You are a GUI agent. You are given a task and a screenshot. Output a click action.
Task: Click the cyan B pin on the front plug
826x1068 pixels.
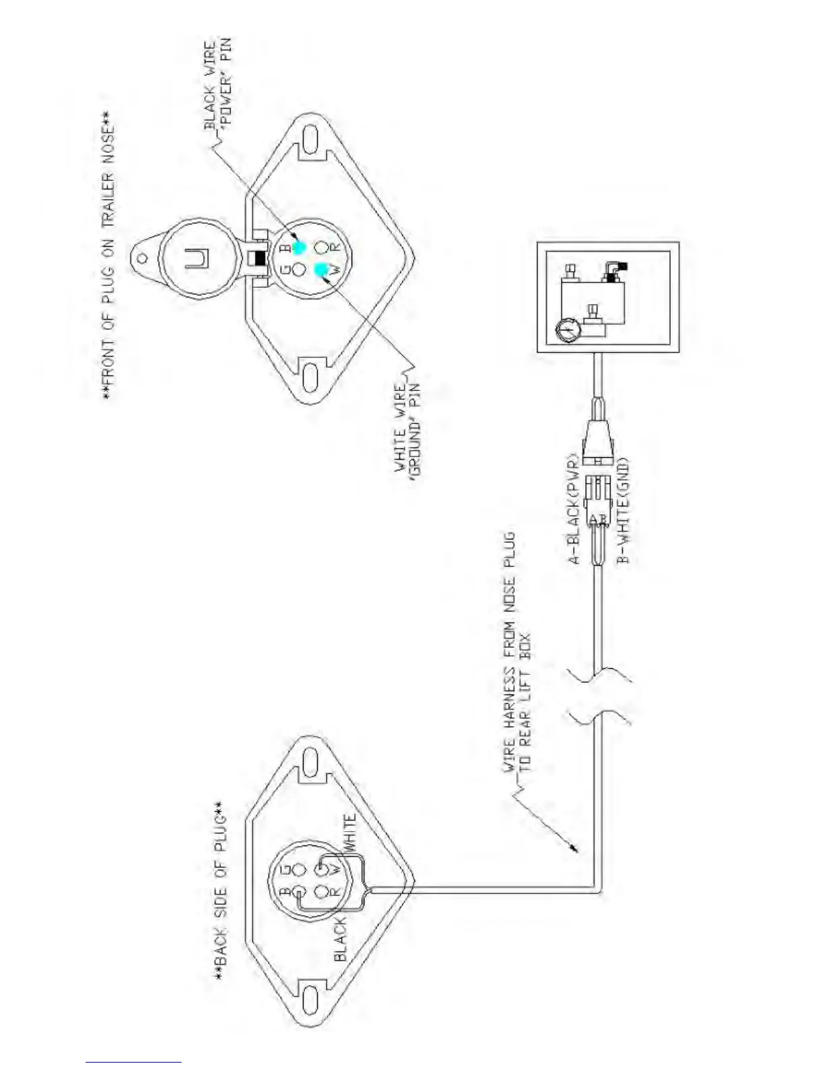pos(300,248)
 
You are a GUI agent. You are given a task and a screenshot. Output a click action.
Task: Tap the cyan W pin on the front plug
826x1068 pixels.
pos(322,270)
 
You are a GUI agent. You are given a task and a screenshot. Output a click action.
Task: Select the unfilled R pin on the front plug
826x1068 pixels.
pos(322,248)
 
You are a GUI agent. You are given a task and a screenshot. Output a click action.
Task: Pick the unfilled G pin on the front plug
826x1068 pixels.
pos(300,270)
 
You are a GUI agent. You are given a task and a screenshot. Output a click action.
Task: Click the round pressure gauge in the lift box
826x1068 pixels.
pos(568,330)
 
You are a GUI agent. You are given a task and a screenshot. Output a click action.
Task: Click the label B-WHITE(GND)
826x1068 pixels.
pos(623,510)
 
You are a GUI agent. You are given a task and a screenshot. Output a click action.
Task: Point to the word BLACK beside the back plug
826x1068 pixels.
pos(340,939)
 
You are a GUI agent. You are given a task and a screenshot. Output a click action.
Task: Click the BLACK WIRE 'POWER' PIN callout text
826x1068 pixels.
pos(217,84)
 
